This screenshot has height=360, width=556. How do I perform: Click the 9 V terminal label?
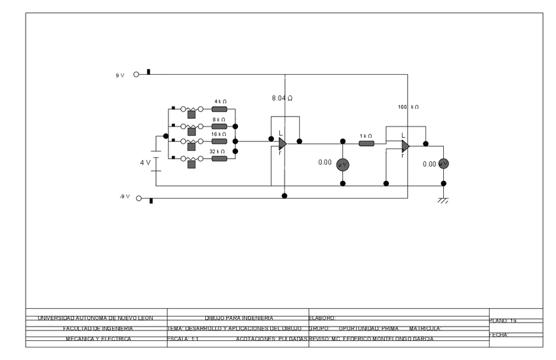coord(120,75)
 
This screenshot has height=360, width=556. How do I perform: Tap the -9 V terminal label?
coord(125,197)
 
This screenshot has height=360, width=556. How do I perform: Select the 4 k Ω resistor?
coord(219,110)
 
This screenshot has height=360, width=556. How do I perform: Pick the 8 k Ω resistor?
coord(219,126)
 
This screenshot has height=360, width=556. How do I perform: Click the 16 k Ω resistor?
coord(219,141)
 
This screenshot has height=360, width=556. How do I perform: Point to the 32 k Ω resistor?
coord(219,158)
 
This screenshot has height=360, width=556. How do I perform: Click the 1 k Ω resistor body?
coord(367,143)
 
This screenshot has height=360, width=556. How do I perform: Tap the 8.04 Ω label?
coord(282,98)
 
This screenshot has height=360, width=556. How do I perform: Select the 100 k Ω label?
coord(408,106)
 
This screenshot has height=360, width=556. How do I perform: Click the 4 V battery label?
coord(145,162)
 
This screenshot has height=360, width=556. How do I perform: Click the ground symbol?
coord(443,201)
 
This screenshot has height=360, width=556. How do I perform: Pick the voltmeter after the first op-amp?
coord(342,164)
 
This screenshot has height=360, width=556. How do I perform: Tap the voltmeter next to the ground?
coord(443,164)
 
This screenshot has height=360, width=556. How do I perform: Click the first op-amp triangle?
coord(282,144)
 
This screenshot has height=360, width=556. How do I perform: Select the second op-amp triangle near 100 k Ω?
coord(405,146)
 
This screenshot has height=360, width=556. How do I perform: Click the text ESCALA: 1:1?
coord(183,339)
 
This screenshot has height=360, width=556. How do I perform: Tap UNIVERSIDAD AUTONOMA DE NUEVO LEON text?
coord(95,318)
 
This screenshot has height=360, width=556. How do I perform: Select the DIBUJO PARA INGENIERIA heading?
coord(239,318)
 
